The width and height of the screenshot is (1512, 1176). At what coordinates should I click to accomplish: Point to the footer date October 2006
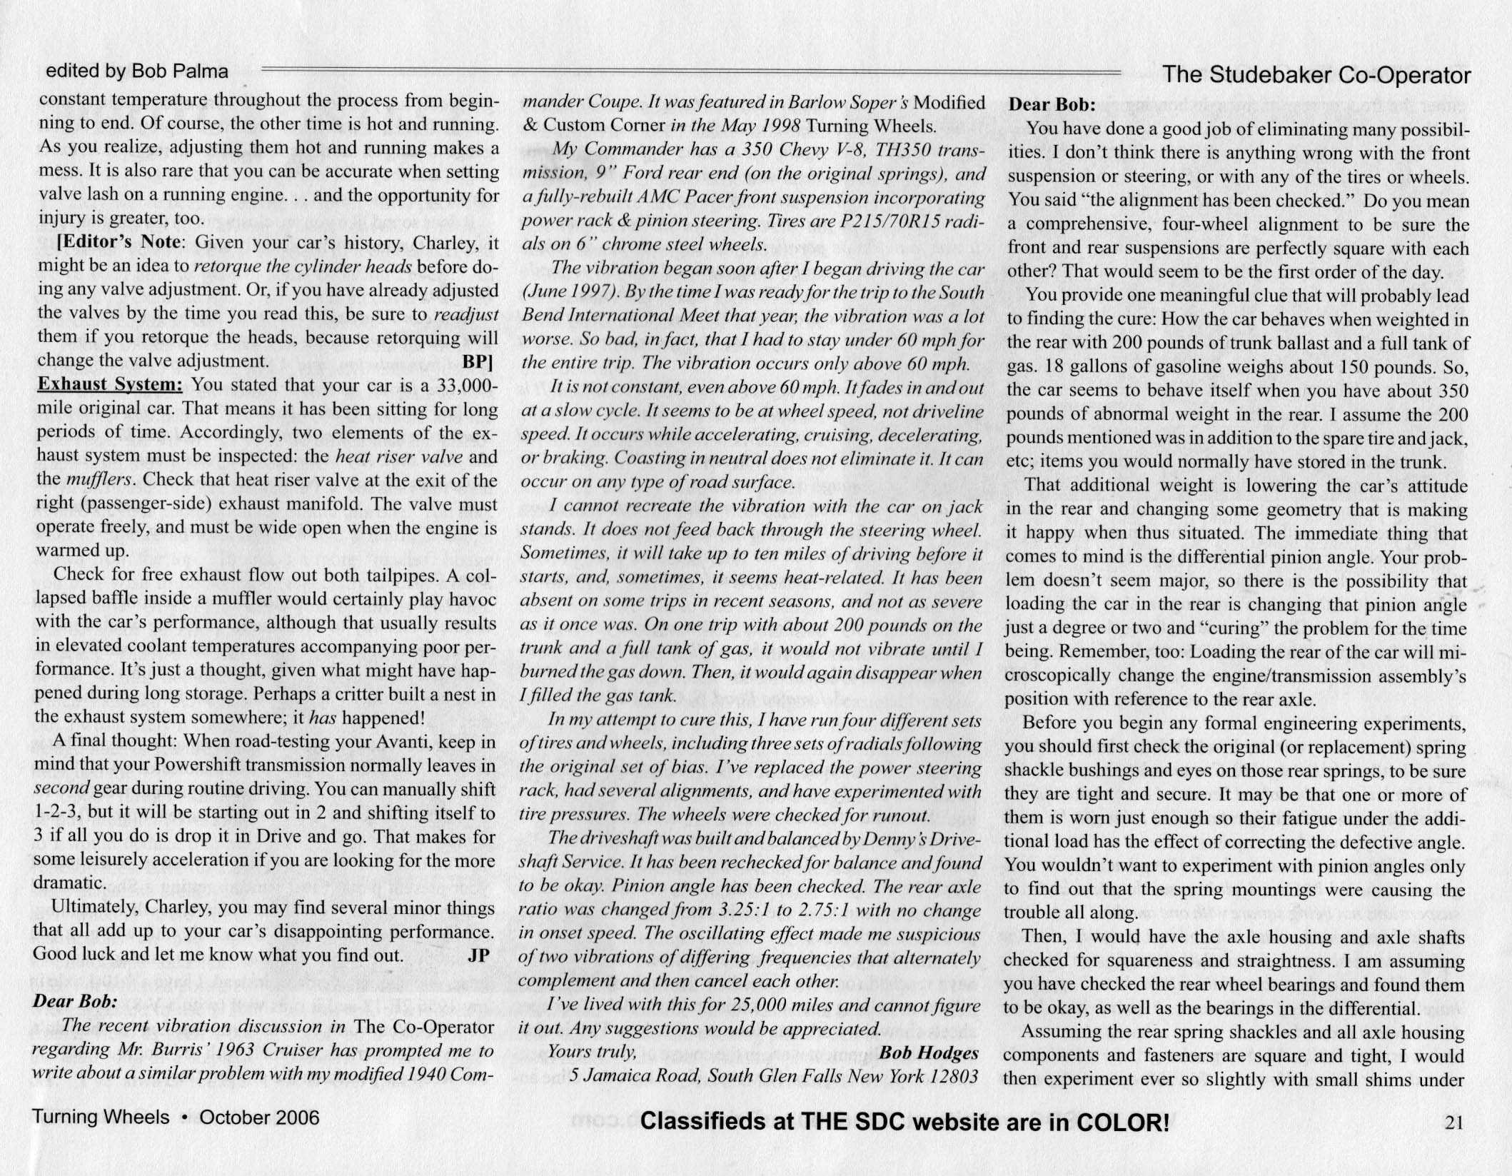259,1117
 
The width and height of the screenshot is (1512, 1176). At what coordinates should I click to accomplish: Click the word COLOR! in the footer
1122,1122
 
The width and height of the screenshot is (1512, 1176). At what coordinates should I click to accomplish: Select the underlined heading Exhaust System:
110,384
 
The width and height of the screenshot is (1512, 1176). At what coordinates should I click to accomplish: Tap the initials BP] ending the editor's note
478,361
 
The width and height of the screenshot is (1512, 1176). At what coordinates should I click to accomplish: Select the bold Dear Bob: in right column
1051,104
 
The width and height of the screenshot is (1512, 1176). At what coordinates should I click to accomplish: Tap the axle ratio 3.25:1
743,910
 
